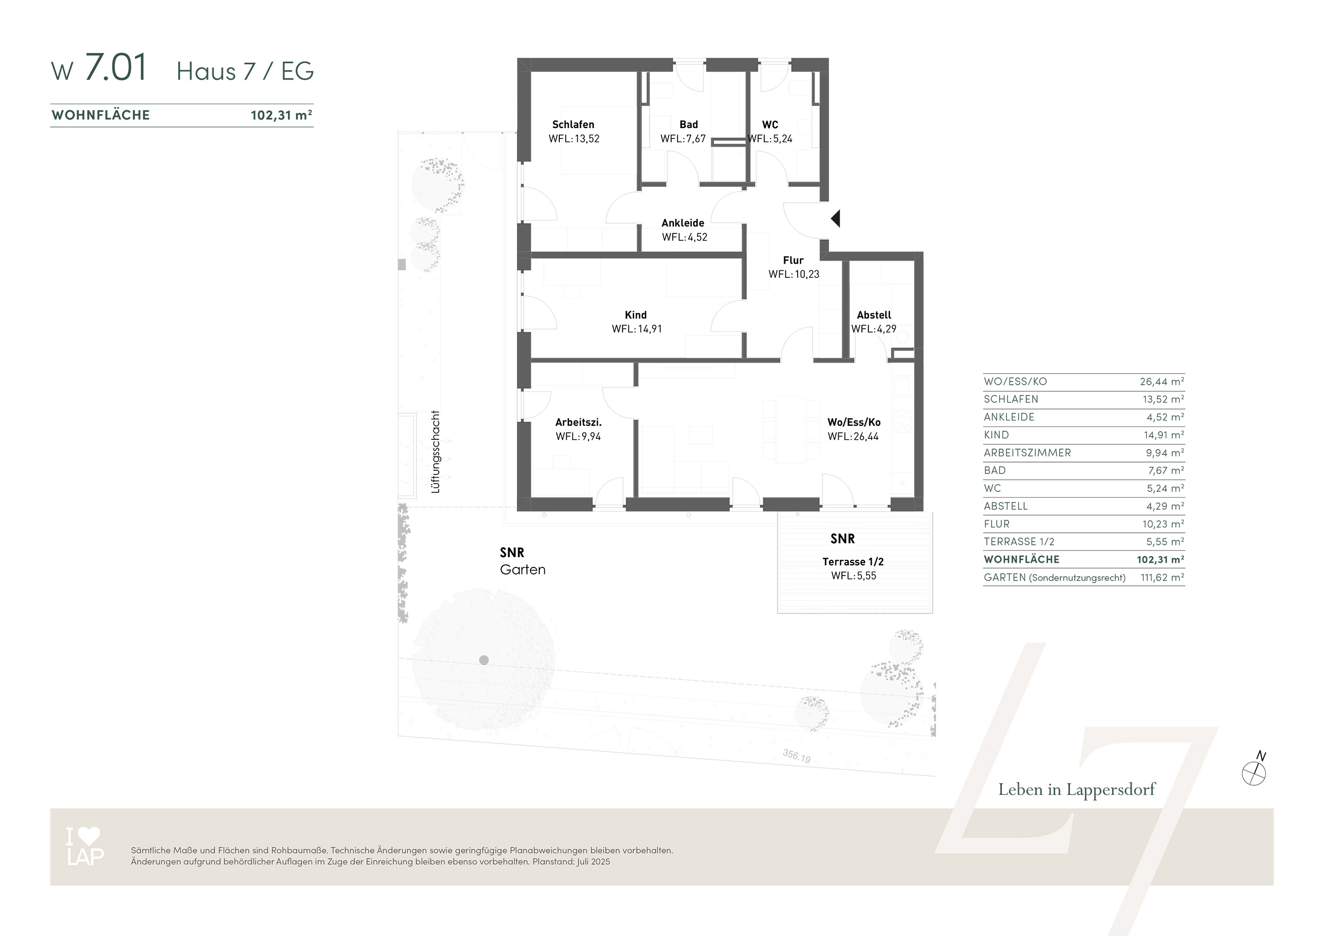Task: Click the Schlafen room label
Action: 573,125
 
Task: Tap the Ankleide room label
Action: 683,223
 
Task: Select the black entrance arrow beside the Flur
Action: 835,218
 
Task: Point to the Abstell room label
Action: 874,315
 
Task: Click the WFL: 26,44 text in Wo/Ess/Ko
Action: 853,437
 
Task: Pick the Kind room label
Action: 636,315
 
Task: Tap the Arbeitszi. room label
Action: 578,422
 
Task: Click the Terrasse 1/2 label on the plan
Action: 853,561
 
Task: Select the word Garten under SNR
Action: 523,570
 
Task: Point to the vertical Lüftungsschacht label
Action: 436,452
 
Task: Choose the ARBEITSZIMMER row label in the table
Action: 1027,453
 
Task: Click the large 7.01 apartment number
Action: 116,68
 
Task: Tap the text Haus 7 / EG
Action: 245,71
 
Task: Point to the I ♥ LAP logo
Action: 85,846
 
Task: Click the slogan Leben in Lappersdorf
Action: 1076,790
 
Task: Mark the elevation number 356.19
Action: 797,756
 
